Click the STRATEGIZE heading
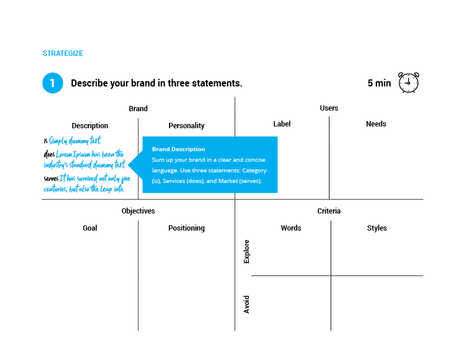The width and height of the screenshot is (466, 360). click(63, 54)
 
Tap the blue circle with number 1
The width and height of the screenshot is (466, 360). click(52, 83)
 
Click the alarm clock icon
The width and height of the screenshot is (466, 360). click(409, 82)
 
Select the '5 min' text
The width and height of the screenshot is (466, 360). click(380, 83)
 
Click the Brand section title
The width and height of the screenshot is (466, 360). click(138, 109)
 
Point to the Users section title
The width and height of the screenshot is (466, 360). click(329, 108)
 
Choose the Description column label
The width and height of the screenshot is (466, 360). click(90, 126)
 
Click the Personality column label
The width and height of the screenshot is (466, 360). click(187, 126)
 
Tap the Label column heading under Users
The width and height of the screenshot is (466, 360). click(282, 124)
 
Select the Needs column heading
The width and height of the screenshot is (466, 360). click(376, 124)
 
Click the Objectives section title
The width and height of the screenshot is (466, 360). click(138, 211)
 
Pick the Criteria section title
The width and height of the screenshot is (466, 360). click(329, 211)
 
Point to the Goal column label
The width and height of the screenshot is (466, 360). click(90, 228)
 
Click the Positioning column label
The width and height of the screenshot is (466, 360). click(187, 228)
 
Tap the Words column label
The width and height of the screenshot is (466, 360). click(291, 228)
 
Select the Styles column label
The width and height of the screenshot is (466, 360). click(377, 228)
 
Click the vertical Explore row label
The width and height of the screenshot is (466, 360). click(247, 252)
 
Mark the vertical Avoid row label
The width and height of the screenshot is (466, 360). click(247, 305)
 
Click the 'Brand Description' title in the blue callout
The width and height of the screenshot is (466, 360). click(179, 149)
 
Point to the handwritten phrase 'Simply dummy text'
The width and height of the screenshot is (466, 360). click(75, 141)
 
